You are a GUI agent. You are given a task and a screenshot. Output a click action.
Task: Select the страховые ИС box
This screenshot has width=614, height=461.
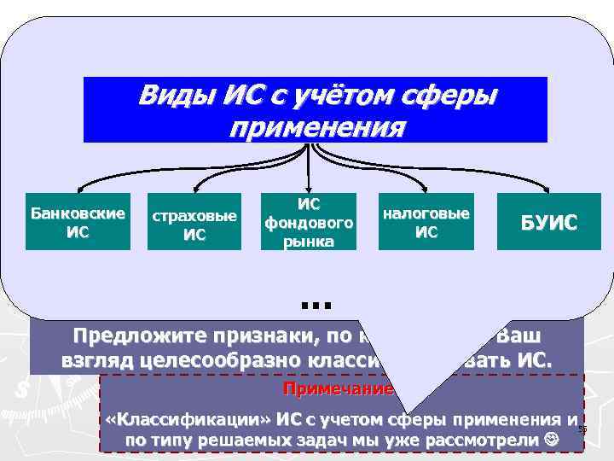(x=194, y=225)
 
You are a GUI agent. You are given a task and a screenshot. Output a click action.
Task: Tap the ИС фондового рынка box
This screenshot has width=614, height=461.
(x=309, y=221)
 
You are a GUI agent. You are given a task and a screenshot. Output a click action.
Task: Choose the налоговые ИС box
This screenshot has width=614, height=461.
(x=426, y=221)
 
